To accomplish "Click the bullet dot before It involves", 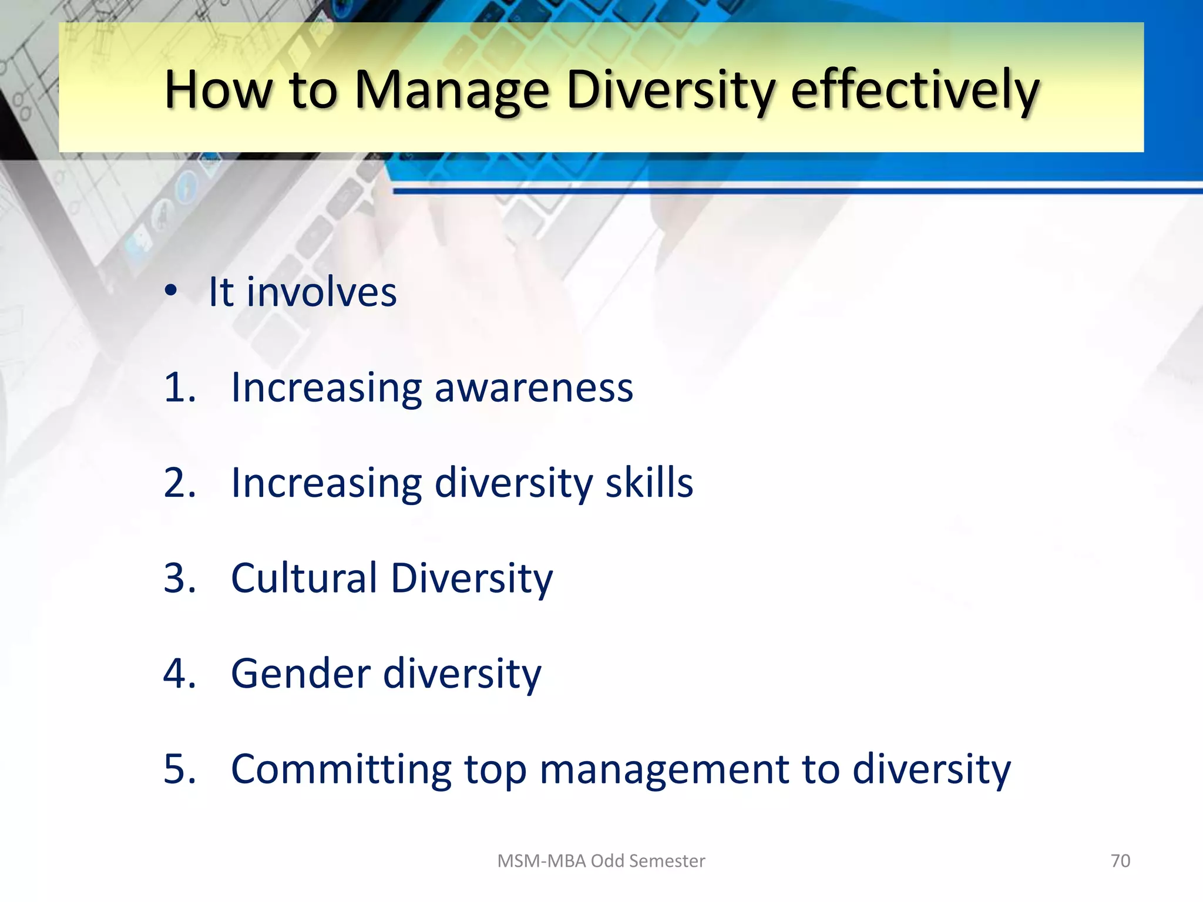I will [171, 290].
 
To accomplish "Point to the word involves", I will [321, 292].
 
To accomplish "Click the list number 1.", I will [179, 388].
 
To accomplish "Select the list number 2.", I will [179, 483].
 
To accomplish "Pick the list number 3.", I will [179, 578].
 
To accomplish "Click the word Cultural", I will [304, 578].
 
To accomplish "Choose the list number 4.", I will [179, 673].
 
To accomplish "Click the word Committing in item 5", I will [341, 769].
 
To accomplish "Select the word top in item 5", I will [495, 770].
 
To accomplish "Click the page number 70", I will [1120, 861].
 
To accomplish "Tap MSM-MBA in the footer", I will [542, 861].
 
